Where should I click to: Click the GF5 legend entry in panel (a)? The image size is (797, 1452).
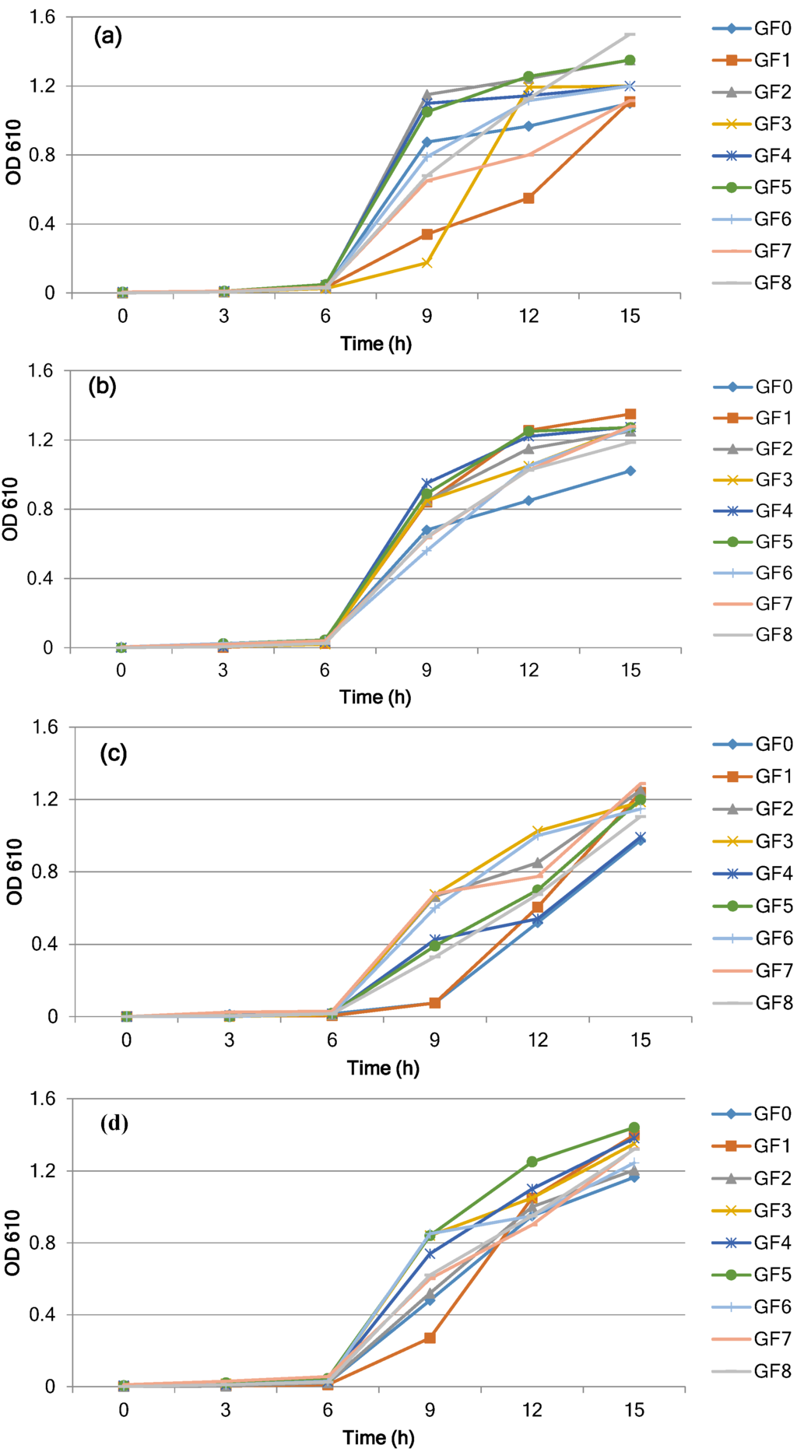(x=753, y=188)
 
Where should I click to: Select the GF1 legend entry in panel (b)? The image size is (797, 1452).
(x=753, y=418)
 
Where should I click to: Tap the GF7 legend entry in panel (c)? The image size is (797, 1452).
(x=753, y=970)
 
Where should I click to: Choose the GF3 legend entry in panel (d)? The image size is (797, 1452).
(x=753, y=1210)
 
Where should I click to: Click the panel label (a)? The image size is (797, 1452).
(x=107, y=36)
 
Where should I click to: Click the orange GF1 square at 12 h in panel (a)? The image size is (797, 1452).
(x=528, y=198)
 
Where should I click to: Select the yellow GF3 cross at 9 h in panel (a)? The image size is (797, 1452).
(x=427, y=263)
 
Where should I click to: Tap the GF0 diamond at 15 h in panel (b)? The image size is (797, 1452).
(x=630, y=471)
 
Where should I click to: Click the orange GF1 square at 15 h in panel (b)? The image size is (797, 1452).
(x=630, y=415)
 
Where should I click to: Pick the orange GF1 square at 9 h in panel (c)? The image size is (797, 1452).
(x=434, y=1003)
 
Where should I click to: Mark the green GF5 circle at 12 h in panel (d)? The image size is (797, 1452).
(x=532, y=1162)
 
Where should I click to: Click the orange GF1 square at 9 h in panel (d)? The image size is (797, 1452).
(x=430, y=1338)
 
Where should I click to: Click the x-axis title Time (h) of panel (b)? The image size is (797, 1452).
(x=375, y=696)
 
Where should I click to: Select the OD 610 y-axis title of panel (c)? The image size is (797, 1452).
(x=14, y=872)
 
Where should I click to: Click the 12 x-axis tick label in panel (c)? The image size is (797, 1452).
(x=538, y=1040)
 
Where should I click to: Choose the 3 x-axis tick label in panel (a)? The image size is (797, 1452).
(x=224, y=316)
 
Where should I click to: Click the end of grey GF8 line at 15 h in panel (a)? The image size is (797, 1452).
(x=630, y=34)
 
